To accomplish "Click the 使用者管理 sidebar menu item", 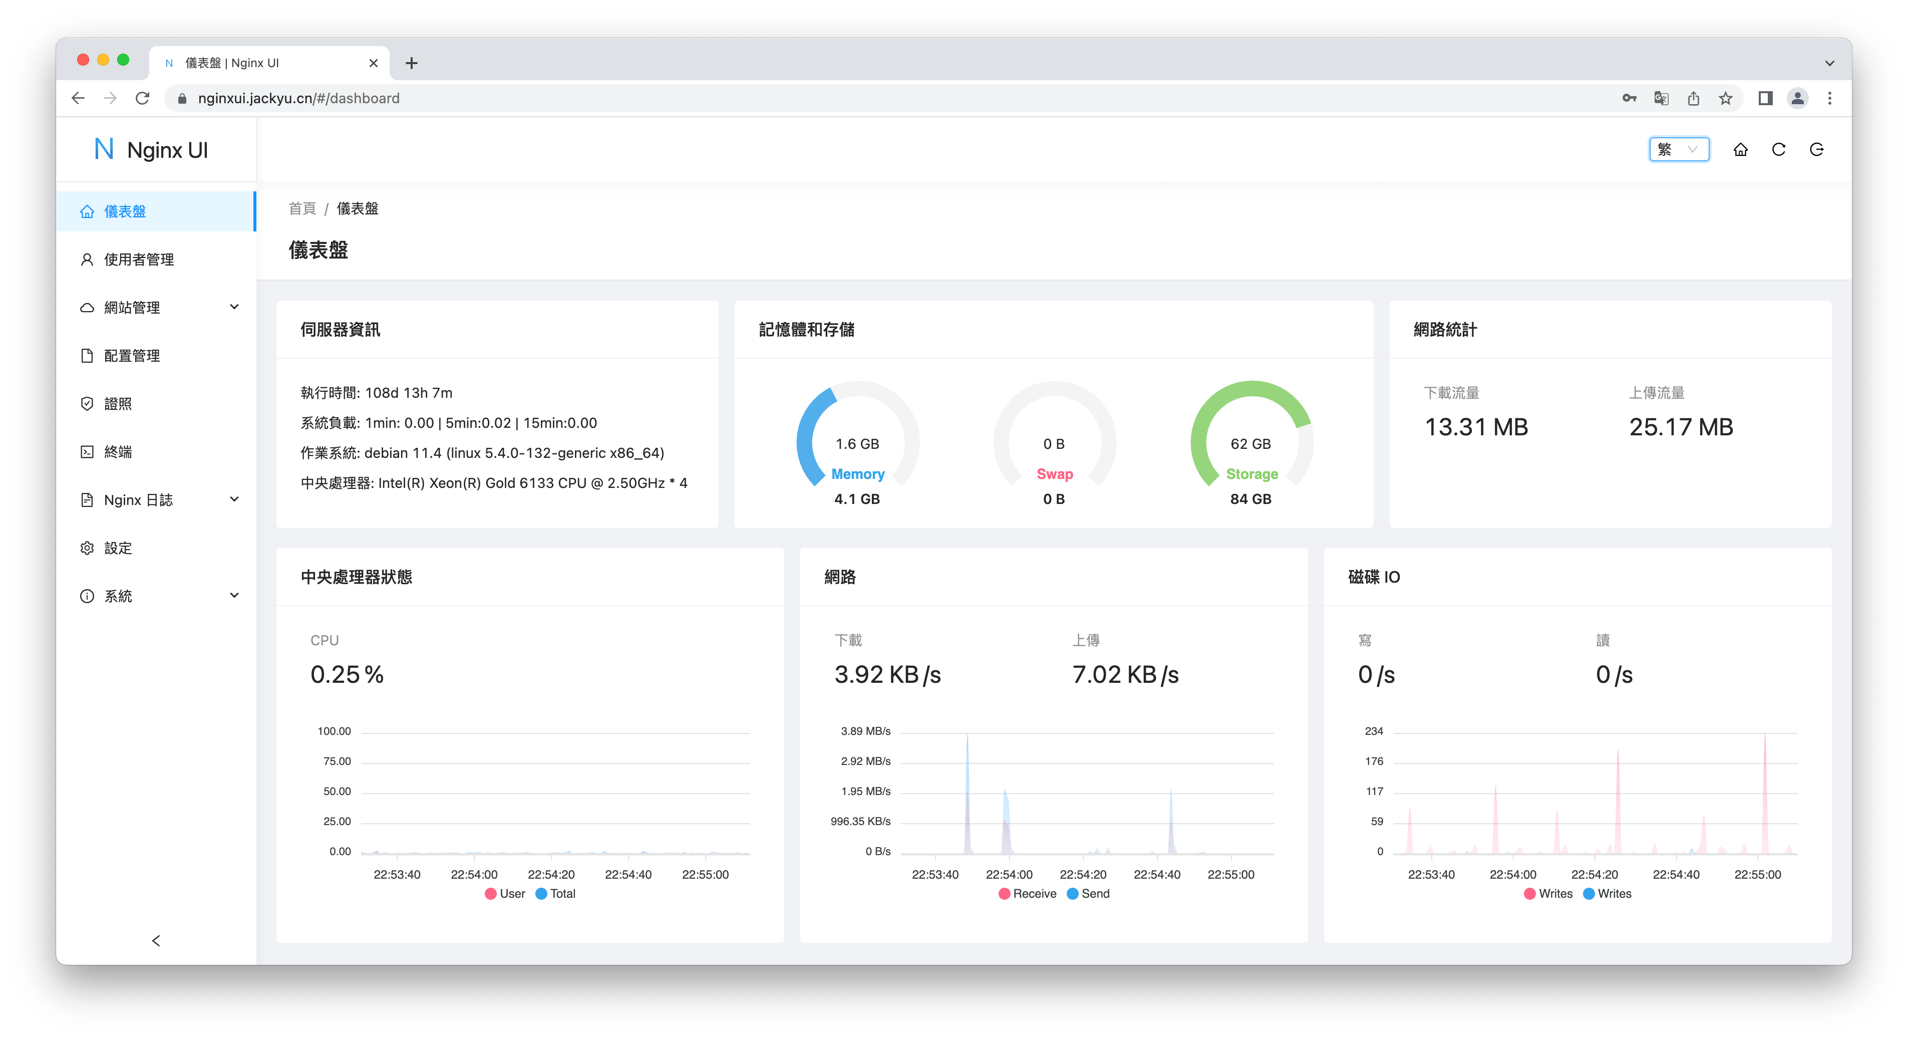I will pyautogui.click(x=139, y=259).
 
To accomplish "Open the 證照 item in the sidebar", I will pyautogui.click(x=118, y=404).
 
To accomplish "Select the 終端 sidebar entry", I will pyautogui.click(x=118, y=452).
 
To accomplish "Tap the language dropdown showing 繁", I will pyautogui.click(x=1678, y=150).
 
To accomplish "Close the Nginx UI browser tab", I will pyautogui.click(x=373, y=63).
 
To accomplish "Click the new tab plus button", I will pyautogui.click(x=412, y=63).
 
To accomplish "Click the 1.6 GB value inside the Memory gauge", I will pyautogui.click(x=857, y=444).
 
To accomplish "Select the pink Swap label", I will pyautogui.click(x=1054, y=474).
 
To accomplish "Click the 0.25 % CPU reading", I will pyautogui.click(x=347, y=674).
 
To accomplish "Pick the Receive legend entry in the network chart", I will pyautogui.click(x=1027, y=894).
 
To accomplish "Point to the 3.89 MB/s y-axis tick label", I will pyautogui.click(x=865, y=731).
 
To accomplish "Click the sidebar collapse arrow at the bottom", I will pyautogui.click(x=156, y=940).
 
